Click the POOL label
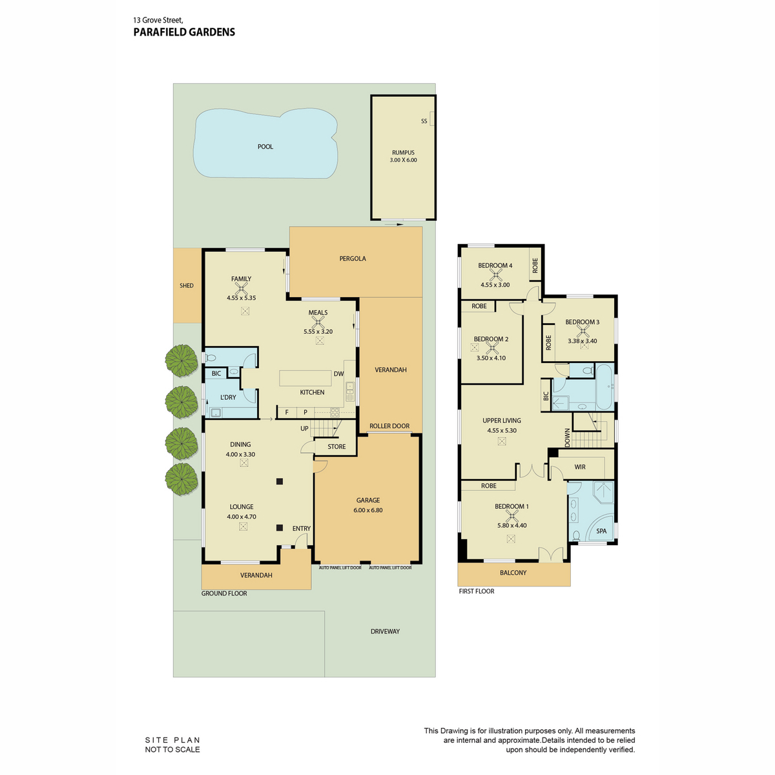click(265, 147)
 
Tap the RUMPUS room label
click(403, 152)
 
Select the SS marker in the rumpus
click(424, 121)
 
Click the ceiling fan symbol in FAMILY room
click(242, 288)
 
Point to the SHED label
click(187, 285)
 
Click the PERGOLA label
click(353, 258)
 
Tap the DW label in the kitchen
click(338, 374)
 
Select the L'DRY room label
click(228, 397)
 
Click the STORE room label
click(336, 446)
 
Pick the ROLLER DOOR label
click(389, 426)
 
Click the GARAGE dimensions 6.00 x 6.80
click(368, 510)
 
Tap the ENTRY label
click(301, 528)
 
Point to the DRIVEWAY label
click(386, 632)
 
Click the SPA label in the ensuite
click(601, 531)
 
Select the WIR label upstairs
click(580, 467)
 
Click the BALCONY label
click(513, 573)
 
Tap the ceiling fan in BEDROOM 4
click(495, 275)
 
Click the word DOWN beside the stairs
click(568, 438)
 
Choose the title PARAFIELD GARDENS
click(184, 32)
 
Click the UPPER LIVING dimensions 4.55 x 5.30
click(502, 430)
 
